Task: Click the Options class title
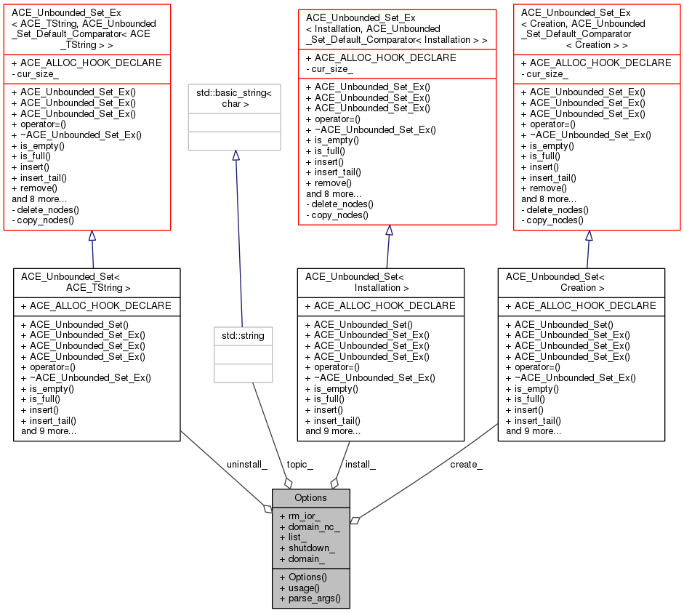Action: tap(310, 497)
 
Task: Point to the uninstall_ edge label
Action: tap(247, 464)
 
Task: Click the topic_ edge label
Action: tap(299, 464)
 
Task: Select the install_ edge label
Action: tap(360, 464)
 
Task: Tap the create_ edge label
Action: tap(466, 464)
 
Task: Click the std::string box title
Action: tap(244, 336)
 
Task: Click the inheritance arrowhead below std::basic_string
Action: tap(236, 156)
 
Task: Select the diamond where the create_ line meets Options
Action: tap(355, 520)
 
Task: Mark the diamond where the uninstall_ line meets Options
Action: tap(267, 508)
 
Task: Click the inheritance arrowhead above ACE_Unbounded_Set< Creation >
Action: tap(589, 236)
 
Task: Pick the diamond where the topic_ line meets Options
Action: tap(289, 483)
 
